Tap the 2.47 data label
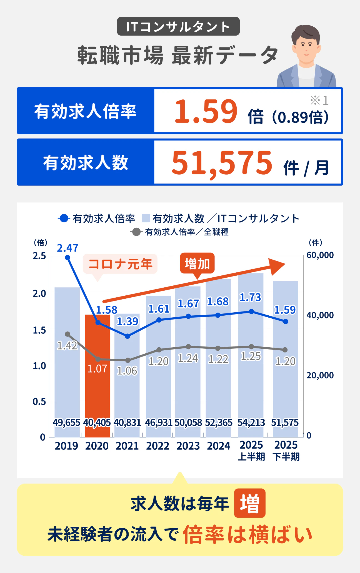coord(67,248)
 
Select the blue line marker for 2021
coord(127,336)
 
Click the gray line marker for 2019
coord(67,334)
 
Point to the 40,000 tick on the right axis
coord(320,315)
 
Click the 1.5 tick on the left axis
coord(39,330)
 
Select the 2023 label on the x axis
coord(188,446)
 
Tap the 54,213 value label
coord(251,423)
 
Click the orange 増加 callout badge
coord(197,263)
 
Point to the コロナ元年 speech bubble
coord(120,264)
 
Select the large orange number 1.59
coord(206,111)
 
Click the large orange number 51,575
coord(222,163)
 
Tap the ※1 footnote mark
coord(319,100)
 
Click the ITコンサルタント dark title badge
coord(178,26)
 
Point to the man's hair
coord(306,32)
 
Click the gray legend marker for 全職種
coord(136,232)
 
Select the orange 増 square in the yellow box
coord(249,503)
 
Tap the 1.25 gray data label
coord(251,356)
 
